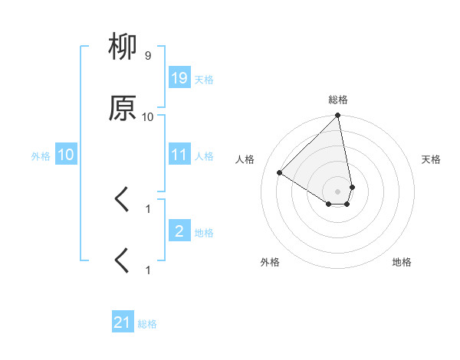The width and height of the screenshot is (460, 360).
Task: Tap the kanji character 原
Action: coord(123,109)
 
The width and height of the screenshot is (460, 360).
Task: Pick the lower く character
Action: coord(122,260)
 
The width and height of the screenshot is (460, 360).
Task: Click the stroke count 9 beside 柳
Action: coord(147,56)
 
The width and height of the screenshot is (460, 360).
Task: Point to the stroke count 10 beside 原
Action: coord(147,116)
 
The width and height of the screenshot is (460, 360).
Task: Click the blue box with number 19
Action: coord(179,78)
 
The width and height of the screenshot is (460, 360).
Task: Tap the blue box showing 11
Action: coord(179,155)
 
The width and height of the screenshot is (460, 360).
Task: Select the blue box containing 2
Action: coord(179,231)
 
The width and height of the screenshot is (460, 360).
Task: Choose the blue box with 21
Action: coord(123,322)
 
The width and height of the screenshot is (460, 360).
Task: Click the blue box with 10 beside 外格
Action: coord(66,155)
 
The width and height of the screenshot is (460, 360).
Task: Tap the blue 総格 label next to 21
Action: coord(147,324)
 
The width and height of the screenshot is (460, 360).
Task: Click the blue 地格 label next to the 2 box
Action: coord(204,233)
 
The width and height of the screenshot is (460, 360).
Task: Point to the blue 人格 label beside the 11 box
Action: coord(204,156)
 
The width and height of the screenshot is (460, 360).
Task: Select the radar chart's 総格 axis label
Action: coord(337,100)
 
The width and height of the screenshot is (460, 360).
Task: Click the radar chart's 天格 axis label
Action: coord(432,159)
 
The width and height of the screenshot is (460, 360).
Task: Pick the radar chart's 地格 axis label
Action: coord(402,262)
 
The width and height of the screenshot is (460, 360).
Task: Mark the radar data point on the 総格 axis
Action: coord(337,116)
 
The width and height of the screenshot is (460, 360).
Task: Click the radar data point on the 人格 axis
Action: coord(280,172)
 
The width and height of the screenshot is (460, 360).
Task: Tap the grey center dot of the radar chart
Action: coord(337,191)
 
